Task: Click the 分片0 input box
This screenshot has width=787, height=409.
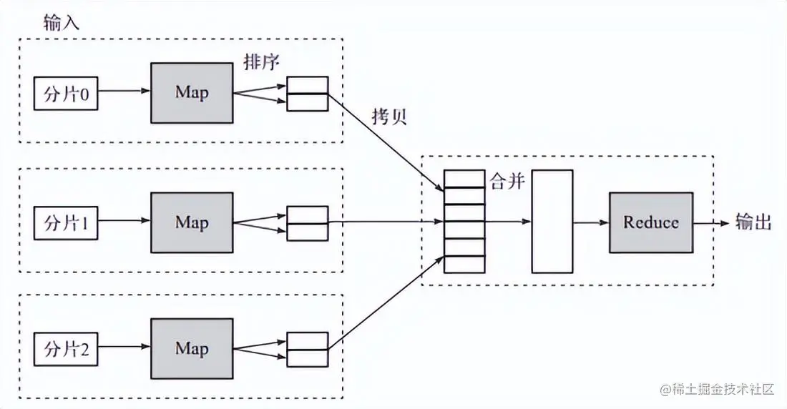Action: click(x=66, y=94)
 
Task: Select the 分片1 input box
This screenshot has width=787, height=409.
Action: click(x=66, y=222)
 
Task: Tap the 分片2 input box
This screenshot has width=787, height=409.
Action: click(x=66, y=349)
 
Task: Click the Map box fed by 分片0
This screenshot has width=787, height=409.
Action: click(x=192, y=93)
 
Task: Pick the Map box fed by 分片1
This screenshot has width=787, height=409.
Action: click(x=192, y=222)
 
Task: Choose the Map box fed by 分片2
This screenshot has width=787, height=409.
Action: click(x=192, y=348)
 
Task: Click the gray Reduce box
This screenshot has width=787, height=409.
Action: click(x=650, y=222)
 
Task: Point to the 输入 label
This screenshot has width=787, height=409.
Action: click(x=61, y=22)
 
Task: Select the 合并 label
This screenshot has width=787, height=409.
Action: click(x=507, y=182)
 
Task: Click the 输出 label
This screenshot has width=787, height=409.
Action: click(x=754, y=222)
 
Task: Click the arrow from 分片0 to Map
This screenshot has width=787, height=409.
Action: click(x=124, y=92)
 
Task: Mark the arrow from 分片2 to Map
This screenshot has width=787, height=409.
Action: click(x=124, y=349)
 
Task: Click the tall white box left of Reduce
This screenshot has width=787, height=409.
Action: click(x=552, y=221)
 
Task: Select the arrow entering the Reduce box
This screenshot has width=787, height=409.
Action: click(x=591, y=222)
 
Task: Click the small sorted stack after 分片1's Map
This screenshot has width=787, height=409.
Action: click(x=307, y=223)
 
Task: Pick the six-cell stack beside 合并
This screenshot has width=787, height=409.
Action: click(x=464, y=221)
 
